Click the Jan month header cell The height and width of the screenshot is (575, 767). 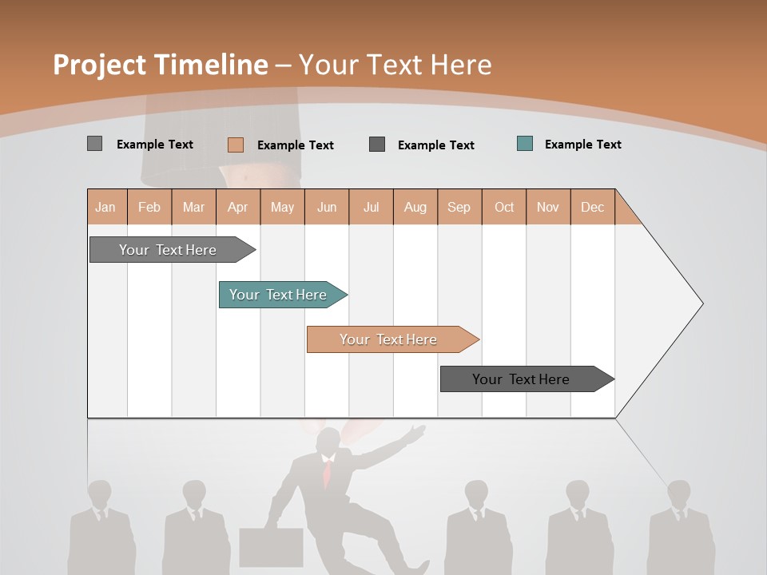click(106, 207)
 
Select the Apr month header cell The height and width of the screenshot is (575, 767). click(238, 207)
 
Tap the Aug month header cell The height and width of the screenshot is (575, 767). click(415, 207)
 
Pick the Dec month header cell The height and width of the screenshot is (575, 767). click(593, 207)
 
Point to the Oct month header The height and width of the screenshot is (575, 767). click(504, 207)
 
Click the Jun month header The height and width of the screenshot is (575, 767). click(327, 207)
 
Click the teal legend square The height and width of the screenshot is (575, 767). click(525, 144)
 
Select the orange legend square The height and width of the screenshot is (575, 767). click(235, 145)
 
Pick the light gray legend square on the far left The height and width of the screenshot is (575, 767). click(94, 144)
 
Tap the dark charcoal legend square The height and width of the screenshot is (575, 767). click(377, 145)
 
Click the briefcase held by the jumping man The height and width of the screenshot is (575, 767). click(271, 546)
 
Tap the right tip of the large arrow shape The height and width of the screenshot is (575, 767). click(701, 303)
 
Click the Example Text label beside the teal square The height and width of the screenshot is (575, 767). click(582, 144)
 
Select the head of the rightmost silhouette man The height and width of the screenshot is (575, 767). click(679, 493)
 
